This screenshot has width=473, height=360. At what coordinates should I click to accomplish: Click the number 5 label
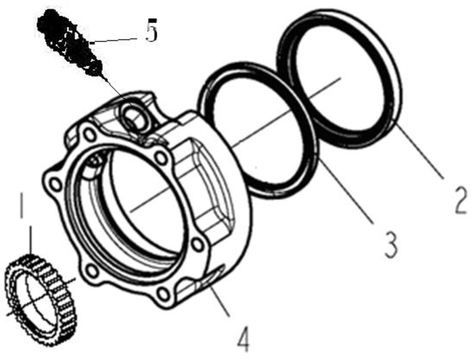coord(151,30)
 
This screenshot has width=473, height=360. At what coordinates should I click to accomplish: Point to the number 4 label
coord(243,339)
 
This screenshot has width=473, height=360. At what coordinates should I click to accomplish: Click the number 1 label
coord(21,205)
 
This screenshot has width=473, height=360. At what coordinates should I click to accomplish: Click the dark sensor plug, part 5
coord(70,43)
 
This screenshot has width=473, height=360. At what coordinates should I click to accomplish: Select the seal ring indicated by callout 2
coord(340,79)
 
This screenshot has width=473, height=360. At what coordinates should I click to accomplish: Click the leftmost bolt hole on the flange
coord(55,183)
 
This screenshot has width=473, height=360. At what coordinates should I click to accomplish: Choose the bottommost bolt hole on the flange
coord(163,293)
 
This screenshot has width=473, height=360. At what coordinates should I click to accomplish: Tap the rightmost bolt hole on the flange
coord(198,245)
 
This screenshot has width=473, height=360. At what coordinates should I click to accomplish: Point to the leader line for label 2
coord(420,151)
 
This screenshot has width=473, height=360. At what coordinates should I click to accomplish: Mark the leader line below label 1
coord(30,240)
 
